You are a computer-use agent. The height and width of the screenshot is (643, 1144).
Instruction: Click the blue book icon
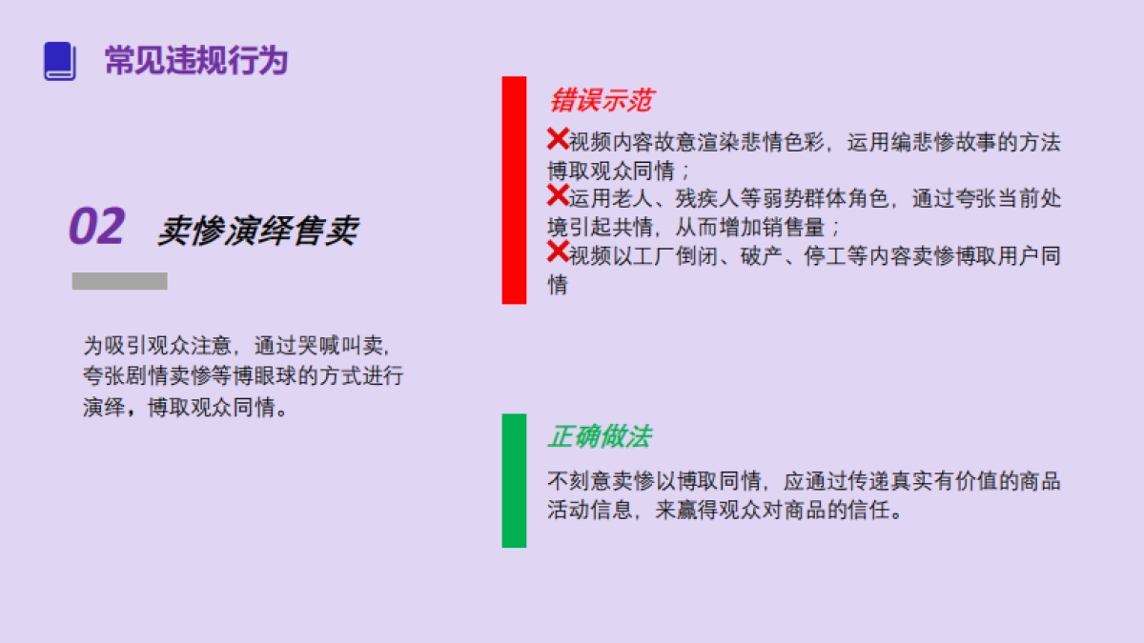tap(59, 61)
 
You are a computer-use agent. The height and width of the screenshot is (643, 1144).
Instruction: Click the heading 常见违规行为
tap(195, 61)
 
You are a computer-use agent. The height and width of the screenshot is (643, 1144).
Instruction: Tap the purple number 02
tap(96, 228)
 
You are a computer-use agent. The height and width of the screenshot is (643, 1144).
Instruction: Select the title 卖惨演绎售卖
tap(257, 230)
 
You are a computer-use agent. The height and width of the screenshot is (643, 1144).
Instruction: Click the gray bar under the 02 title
tap(119, 281)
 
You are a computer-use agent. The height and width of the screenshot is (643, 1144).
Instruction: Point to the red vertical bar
tap(514, 190)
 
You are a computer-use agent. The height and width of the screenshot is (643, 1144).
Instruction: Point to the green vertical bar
tap(514, 480)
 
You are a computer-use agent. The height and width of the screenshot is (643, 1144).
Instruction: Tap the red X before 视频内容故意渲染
tap(558, 139)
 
